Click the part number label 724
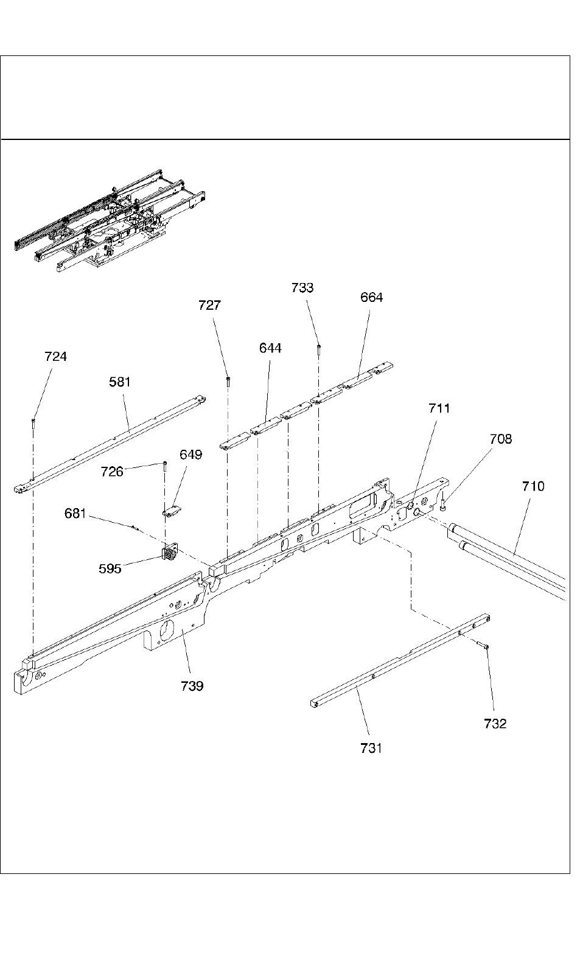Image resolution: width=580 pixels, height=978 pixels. (x=55, y=357)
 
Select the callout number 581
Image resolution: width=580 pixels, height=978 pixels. (x=120, y=382)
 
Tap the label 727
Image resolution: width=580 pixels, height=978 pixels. (x=209, y=306)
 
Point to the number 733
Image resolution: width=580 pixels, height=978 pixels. (x=302, y=288)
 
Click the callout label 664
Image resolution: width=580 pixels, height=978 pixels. (x=372, y=298)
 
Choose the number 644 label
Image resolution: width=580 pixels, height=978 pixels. (x=270, y=348)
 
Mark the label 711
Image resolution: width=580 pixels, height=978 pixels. (x=439, y=408)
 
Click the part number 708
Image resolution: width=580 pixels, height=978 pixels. (x=501, y=439)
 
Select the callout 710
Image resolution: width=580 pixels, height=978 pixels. (x=533, y=487)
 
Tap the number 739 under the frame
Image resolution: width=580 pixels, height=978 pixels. (x=192, y=686)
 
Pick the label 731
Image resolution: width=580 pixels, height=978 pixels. (x=371, y=749)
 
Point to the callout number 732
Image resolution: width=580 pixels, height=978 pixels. (x=495, y=724)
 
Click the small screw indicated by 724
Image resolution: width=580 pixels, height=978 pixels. (x=34, y=421)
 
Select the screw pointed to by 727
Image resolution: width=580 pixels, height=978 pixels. (x=227, y=381)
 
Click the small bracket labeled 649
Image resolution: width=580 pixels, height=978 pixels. (x=173, y=512)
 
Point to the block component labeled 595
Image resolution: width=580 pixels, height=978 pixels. (x=169, y=554)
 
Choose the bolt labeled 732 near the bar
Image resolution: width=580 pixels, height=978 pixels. (x=483, y=646)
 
